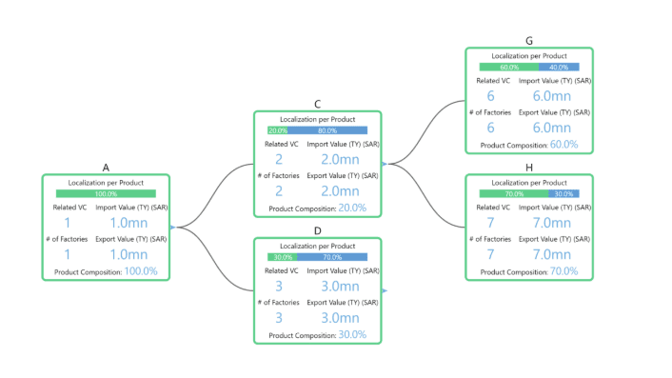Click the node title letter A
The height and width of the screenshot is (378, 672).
pos(106,167)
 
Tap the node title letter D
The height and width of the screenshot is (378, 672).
pos(317,230)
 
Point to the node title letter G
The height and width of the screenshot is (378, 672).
pos(528,41)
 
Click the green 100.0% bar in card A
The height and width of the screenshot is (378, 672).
pos(106,193)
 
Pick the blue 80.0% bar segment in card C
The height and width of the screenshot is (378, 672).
pos(327,130)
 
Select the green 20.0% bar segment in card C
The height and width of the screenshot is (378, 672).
pos(278,130)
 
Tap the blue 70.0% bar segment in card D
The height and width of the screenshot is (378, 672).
pos(332,257)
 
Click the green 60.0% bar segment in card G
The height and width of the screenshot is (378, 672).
pos(509,68)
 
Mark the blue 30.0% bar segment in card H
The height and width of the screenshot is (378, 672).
pos(563,193)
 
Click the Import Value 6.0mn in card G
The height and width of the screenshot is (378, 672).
pos(555,96)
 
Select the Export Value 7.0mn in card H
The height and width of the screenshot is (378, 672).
pos(555,254)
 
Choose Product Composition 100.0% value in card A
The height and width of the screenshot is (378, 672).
pos(140,271)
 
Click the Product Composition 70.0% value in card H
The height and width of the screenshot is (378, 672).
pos(563,271)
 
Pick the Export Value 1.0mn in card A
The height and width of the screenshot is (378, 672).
pos(128,254)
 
